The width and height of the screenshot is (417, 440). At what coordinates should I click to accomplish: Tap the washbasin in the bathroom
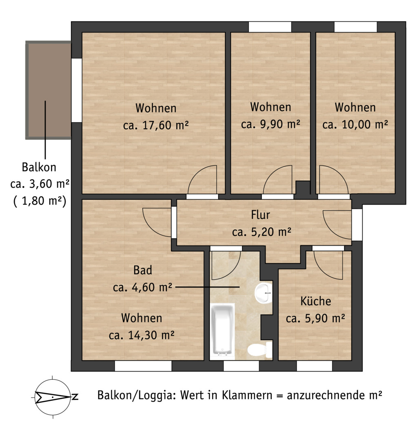(264, 293)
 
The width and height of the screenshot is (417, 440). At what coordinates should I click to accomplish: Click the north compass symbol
(53, 397)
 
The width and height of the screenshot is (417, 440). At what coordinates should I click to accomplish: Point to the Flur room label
(260, 215)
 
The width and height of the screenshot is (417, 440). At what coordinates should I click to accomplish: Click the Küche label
(315, 301)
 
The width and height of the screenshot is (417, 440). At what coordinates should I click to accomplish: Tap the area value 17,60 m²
(166, 125)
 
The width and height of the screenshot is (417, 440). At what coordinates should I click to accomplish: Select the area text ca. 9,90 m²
(271, 124)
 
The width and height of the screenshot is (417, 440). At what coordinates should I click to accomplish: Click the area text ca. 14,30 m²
(142, 335)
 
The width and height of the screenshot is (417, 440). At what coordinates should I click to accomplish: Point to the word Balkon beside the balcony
(39, 167)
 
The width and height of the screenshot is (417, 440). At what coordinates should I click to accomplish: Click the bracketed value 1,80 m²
(40, 201)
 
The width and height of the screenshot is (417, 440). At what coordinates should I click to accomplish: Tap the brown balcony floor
(48, 90)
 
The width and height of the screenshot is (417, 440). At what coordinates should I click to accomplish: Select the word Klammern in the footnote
(247, 395)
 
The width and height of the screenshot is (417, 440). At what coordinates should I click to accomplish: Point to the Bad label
(143, 270)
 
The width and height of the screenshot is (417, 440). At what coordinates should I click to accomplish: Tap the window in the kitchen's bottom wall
(315, 366)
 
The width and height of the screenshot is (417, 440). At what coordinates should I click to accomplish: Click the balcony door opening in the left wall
(76, 90)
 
